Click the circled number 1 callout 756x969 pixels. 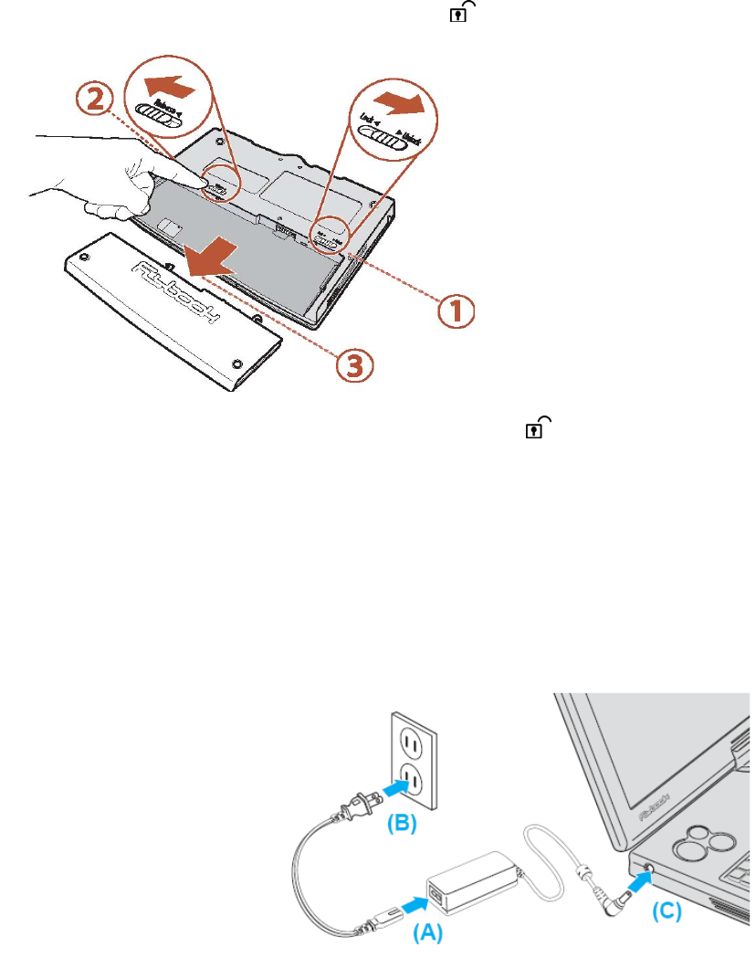[x=454, y=311]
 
